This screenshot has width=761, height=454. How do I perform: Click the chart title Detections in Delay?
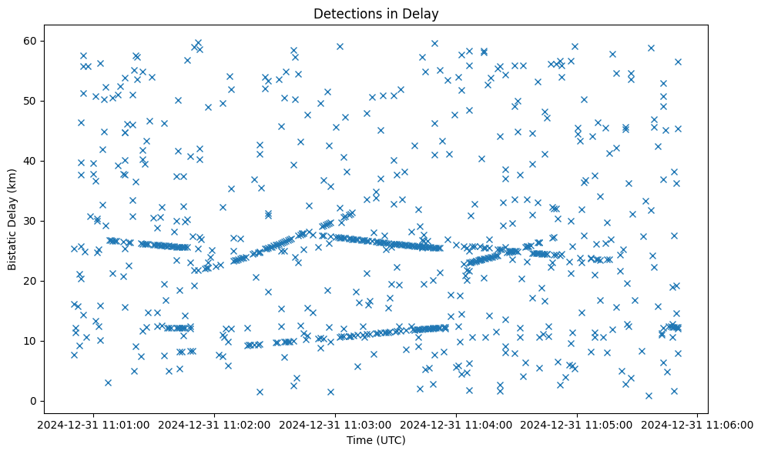point(376,13)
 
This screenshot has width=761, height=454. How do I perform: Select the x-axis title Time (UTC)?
point(376,440)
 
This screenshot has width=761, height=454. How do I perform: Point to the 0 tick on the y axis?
point(34,401)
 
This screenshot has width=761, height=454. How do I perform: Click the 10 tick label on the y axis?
point(31,341)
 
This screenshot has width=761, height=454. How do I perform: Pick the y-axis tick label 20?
point(31,281)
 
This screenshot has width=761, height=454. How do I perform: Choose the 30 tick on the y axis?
point(31,221)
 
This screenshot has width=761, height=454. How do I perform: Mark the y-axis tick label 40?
point(31,161)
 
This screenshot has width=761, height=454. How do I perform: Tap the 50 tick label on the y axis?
point(31,101)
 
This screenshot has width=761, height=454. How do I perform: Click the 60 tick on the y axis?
point(31,41)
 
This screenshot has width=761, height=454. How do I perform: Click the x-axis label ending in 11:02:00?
point(215,425)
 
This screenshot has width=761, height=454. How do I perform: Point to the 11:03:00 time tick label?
point(336,425)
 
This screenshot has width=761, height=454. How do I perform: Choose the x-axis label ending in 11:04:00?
point(457,425)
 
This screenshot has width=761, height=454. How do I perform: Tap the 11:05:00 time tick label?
point(578,425)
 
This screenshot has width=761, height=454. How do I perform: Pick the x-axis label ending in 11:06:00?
point(698,425)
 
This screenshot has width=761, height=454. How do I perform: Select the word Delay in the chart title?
point(423,13)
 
